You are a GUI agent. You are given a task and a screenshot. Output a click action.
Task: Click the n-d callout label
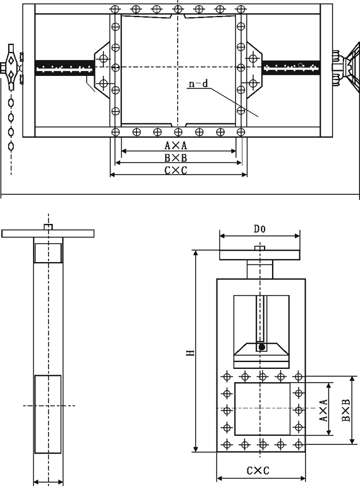coord(198,85)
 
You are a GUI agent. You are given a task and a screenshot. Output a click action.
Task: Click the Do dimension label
coord(259,229)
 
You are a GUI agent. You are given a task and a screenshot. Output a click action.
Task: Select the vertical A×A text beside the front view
coord(323,411)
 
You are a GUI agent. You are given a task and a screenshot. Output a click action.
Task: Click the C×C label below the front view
coord(258,471)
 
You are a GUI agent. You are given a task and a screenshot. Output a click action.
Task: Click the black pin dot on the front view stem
coord(261,347)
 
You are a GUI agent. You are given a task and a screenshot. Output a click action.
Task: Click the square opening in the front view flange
coord(262,409)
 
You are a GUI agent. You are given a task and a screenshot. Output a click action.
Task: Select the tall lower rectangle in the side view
coord(48,414)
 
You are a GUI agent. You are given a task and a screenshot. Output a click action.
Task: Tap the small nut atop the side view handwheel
coord(48,227)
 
